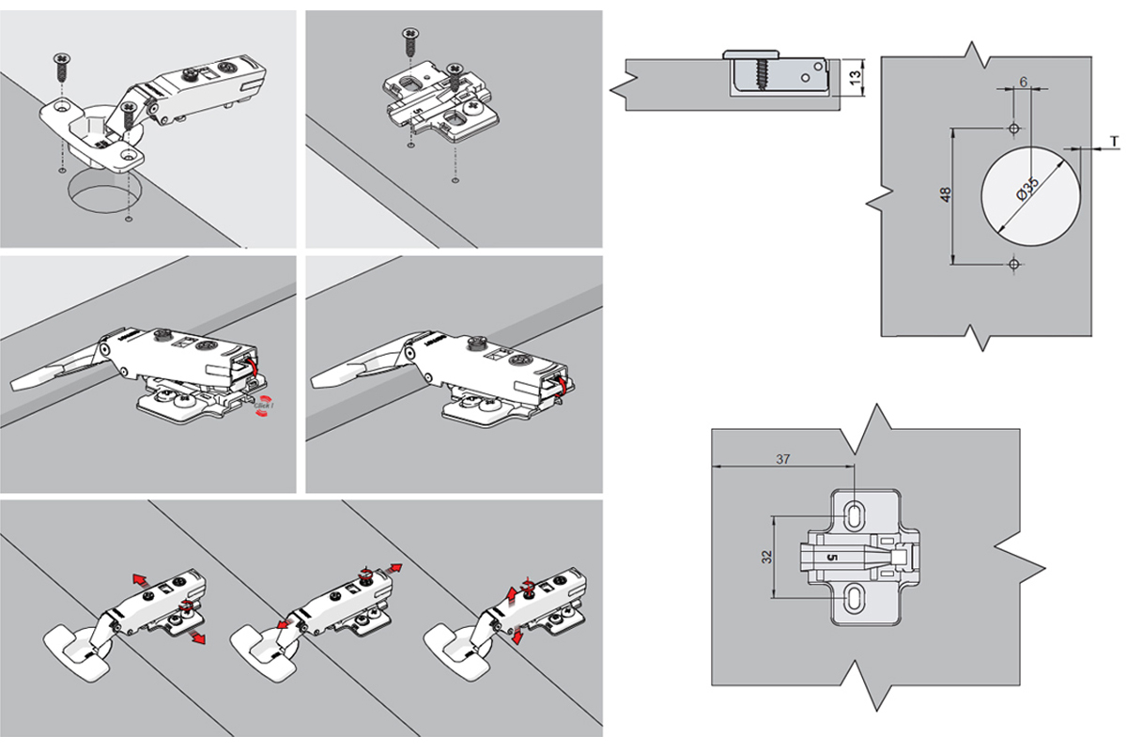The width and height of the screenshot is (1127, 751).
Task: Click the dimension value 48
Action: [x=946, y=195]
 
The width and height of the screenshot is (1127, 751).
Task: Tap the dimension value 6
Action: [x=1021, y=82]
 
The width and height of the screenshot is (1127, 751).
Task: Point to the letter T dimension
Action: [x=1113, y=141]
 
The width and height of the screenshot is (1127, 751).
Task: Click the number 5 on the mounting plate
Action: [x=830, y=557]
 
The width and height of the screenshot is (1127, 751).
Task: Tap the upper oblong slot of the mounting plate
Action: [x=856, y=515]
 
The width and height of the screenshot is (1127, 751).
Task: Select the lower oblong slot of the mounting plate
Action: [x=856, y=597]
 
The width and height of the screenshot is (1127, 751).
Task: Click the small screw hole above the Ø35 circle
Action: [x=1013, y=127]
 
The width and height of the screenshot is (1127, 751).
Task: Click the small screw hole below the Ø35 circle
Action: [x=1013, y=265]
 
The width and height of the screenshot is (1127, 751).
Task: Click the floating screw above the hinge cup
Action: [x=62, y=67]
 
